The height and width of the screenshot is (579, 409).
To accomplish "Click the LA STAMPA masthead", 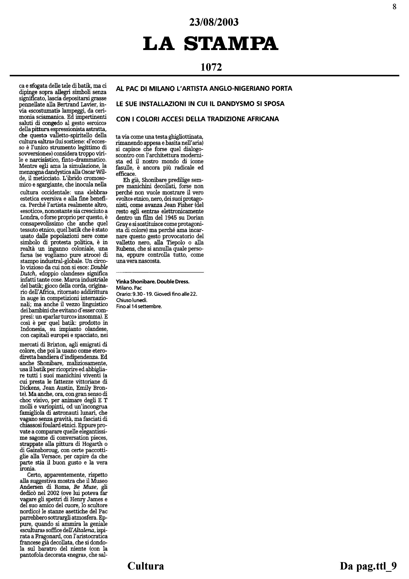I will [211, 43].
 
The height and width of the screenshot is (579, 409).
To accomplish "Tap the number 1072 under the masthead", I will [211, 67].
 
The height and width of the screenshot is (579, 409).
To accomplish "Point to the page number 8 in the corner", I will [394, 7].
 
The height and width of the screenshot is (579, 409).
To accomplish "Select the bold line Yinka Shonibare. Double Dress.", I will [153, 282].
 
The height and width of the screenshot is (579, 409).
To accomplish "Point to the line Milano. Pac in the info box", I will [129, 288].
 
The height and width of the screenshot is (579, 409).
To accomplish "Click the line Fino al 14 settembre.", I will [139, 306].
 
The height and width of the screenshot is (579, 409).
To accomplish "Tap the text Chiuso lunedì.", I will [132, 300].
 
